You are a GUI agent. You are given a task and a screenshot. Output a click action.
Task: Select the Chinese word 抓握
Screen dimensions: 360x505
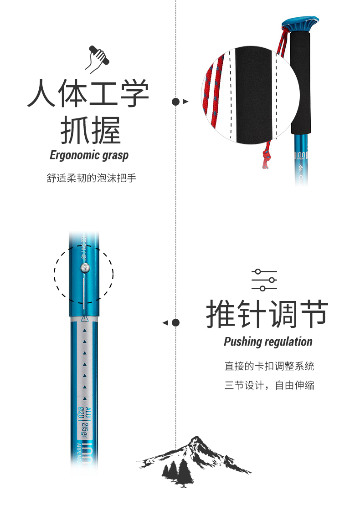[x=91, y=131]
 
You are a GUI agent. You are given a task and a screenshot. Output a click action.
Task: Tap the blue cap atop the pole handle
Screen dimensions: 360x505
[x=300, y=23]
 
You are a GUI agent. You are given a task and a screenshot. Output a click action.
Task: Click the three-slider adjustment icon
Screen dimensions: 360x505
[x=264, y=280]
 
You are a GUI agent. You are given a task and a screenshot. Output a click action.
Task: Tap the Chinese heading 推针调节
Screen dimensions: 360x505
[x=267, y=314]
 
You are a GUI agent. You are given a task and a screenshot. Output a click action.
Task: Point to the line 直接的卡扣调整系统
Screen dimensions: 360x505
[x=269, y=366]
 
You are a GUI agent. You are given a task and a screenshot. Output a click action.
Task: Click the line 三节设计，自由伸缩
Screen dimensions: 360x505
[x=269, y=386]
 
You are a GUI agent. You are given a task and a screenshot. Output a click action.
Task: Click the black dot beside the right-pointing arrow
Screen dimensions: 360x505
[x=175, y=102]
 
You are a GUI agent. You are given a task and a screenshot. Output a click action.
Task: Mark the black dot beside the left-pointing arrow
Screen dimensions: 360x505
[x=175, y=323]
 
